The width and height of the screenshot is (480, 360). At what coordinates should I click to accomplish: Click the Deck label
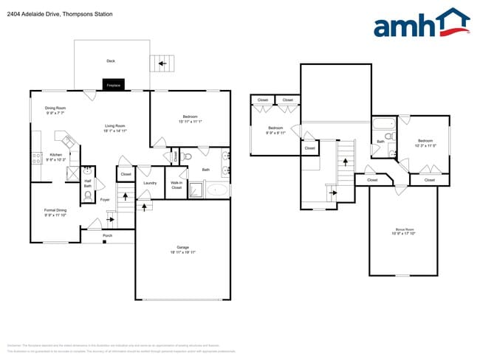click(x=111, y=61)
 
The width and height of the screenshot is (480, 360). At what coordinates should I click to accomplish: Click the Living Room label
click(x=114, y=126)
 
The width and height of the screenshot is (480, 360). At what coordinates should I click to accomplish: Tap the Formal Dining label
click(x=55, y=210)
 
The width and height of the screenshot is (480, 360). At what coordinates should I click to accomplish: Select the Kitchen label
click(x=56, y=154)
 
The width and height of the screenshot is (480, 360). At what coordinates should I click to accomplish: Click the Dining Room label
click(x=55, y=108)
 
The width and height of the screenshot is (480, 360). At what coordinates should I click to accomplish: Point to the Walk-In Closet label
click(x=176, y=185)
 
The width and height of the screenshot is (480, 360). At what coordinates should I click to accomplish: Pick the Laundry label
click(x=150, y=182)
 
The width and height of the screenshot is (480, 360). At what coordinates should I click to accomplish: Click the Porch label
click(x=108, y=236)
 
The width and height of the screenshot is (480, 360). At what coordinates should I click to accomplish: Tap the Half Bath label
click(x=87, y=184)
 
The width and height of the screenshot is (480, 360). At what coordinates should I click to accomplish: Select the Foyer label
click(x=105, y=199)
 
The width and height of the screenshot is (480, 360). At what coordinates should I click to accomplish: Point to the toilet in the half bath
click(x=88, y=196)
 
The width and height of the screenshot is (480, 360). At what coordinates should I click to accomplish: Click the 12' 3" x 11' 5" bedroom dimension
click(x=425, y=145)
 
